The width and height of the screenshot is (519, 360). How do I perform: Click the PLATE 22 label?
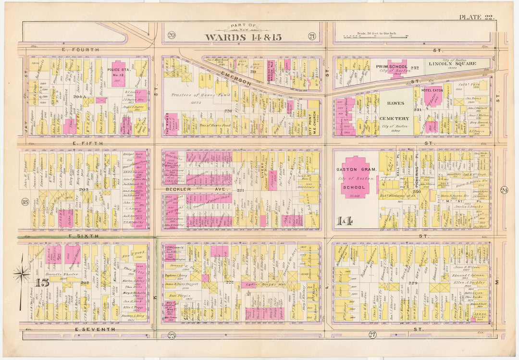(476, 17)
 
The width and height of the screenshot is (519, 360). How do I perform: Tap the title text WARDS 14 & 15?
(243, 37)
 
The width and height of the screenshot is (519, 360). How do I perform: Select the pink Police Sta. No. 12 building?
(118, 74)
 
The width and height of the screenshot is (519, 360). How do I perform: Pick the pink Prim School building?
(397, 68)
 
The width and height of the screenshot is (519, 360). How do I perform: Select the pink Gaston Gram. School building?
(356, 177)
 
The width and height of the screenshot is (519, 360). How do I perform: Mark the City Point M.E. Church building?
(313, 120)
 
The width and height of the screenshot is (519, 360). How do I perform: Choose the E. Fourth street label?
(80, 50)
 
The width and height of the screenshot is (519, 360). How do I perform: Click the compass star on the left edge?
(22, 274)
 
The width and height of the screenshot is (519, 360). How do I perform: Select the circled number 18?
(25, 201)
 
